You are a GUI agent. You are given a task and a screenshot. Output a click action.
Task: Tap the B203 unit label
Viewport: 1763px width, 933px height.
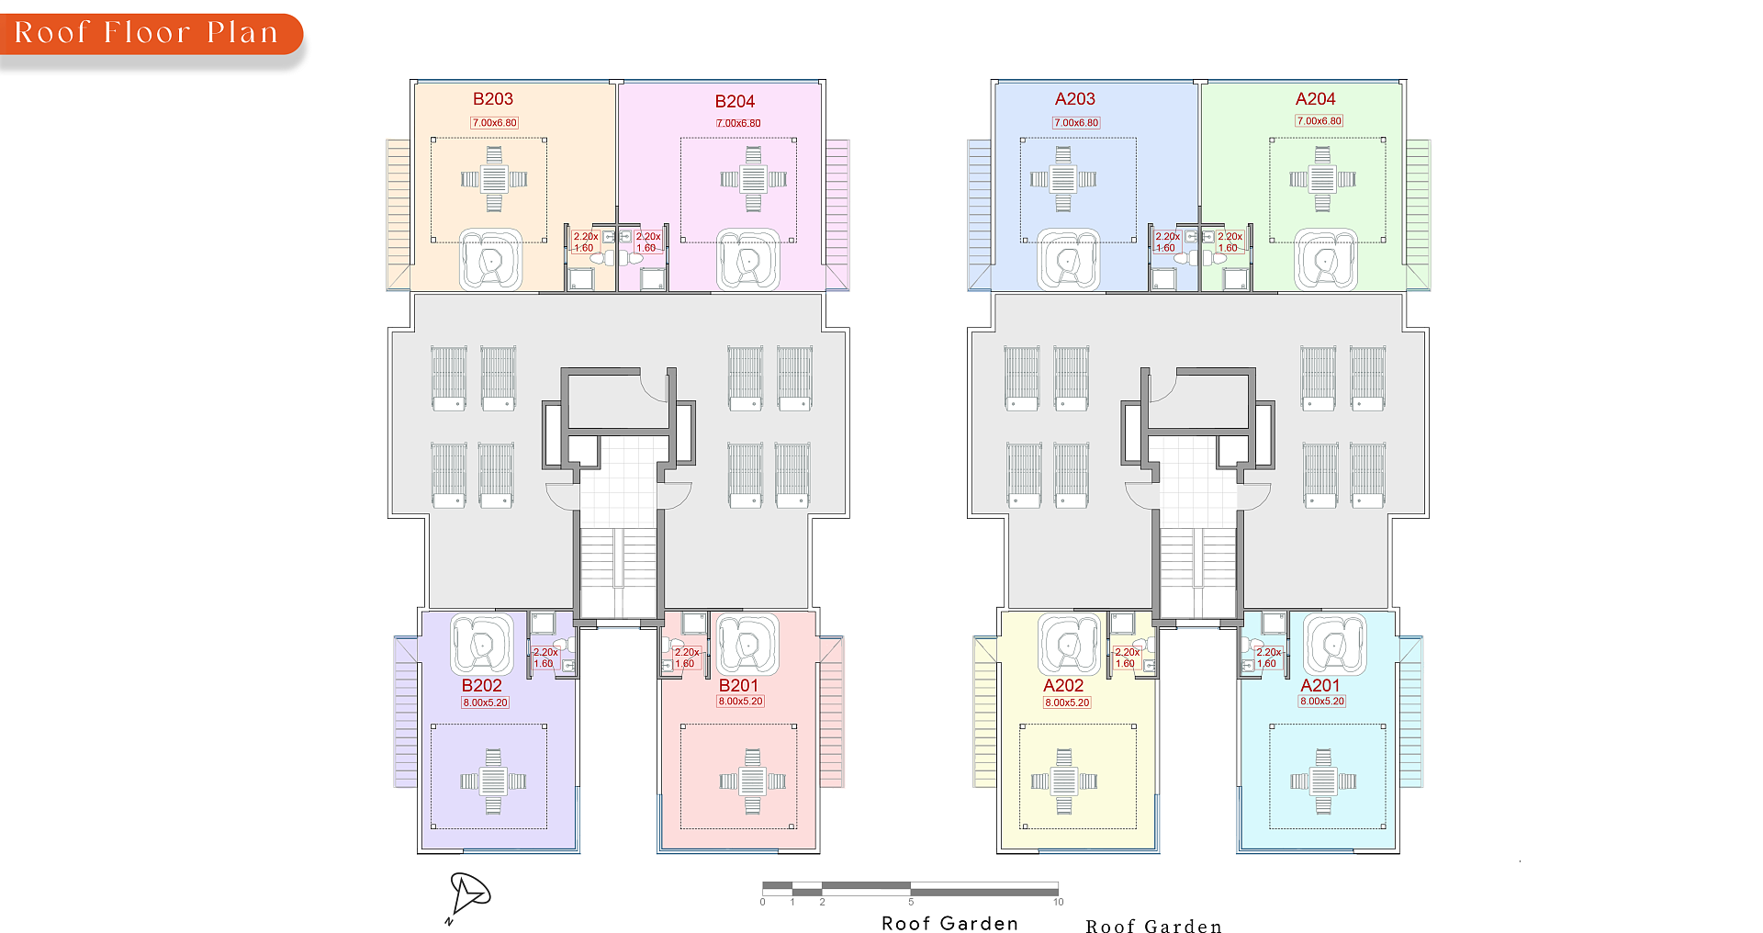[x=493, y=99]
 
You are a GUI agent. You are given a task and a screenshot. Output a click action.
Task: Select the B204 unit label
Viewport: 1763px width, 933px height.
[x=735, y=102]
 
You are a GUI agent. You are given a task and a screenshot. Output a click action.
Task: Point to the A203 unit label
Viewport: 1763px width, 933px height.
[x=1075, y=99]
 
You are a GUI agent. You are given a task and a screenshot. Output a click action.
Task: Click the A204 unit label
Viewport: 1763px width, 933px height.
[x=1316, y=99]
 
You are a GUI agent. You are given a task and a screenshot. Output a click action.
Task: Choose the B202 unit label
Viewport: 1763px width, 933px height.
[x=482, y=686]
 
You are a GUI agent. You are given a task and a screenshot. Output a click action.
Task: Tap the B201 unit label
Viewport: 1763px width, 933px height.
[x=739, y=686]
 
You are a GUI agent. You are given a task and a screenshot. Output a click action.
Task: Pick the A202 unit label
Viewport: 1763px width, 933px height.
[x=1063, y=686]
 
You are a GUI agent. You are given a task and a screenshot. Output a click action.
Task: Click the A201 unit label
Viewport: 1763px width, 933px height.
[x=1320, y=686]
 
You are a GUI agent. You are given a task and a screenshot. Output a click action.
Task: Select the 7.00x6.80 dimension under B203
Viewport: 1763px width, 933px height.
[x=495, y=123]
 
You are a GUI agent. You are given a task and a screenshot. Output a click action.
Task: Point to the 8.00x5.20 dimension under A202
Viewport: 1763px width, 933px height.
[x=1067, y=703]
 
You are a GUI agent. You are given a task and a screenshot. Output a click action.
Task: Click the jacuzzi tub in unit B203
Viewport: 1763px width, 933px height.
[x=491, y=260]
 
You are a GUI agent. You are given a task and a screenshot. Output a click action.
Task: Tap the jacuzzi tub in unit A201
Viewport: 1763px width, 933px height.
[x=1335, y=645]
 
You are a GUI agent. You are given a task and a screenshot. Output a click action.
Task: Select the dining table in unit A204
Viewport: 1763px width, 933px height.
[x=1322, y=179]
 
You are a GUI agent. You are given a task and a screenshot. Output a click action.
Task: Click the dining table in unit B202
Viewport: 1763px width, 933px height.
[x=493, y=781]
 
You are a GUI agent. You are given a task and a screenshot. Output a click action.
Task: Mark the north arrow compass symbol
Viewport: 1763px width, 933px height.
[x=468, y=896]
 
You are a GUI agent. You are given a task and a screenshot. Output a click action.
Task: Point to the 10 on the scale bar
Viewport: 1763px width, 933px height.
[x=1059, y=903]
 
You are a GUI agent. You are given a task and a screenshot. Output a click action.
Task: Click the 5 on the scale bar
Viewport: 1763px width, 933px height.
[x=911, y=903]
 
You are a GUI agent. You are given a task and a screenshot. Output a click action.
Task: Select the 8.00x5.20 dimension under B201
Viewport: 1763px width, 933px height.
[x=741, y=702]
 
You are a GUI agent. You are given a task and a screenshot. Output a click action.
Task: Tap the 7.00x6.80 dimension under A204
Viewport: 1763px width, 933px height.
[x=1319, y=121]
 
